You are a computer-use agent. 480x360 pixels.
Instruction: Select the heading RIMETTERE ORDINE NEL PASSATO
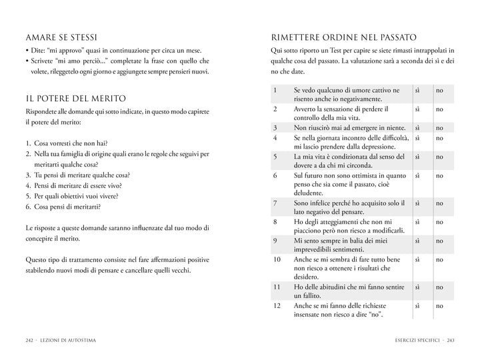[344, 37]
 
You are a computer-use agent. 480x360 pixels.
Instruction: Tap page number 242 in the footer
[30, 340]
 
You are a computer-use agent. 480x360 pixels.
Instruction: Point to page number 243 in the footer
[450, 340]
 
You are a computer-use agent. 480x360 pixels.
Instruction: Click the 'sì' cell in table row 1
[417, 89]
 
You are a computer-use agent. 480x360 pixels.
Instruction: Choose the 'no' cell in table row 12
[439, 306]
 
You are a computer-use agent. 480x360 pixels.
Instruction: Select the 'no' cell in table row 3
[439, 127]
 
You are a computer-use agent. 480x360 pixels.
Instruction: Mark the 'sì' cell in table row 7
[417, 203]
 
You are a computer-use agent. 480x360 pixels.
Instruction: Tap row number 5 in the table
[275, 156]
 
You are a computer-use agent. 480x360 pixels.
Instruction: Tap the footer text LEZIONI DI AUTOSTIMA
[69, 340]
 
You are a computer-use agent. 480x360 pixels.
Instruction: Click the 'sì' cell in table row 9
[417, 240]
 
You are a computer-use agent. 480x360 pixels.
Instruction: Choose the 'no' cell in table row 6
[439, 175]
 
